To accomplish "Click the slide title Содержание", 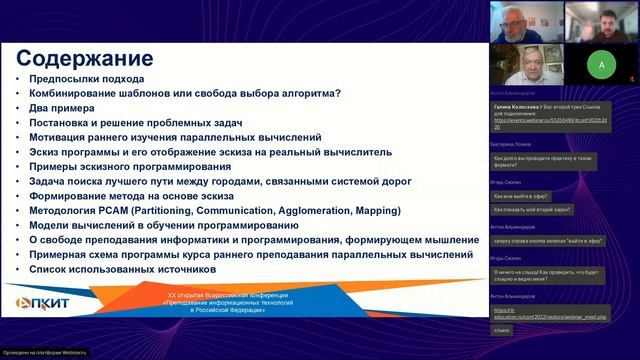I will [85, 58].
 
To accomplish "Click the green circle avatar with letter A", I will [600, 64].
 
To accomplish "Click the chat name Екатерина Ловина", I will [515, 143].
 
